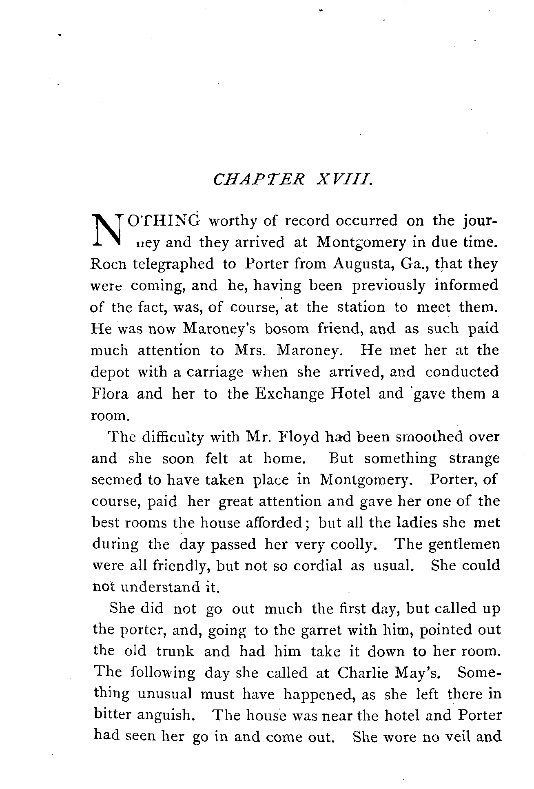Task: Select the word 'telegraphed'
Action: coord(173,264)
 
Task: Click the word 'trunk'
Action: coord(175,651)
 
